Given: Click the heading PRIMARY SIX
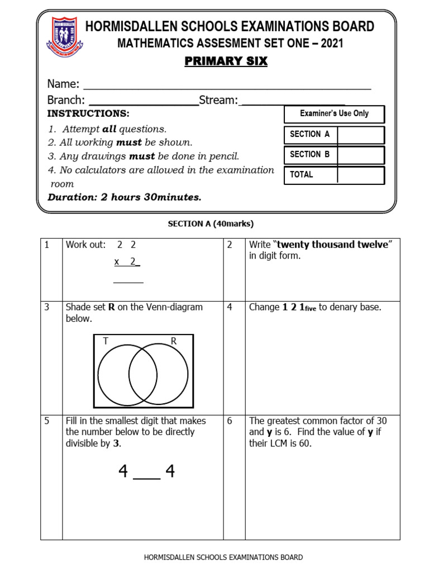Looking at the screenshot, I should point(226,61).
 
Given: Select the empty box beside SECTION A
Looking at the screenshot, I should point(360,135).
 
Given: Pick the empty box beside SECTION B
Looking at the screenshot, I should point(360,155).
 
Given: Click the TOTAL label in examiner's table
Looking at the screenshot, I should point(302,175).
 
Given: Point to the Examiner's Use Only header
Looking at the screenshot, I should point(334,113).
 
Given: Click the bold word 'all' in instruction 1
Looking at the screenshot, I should point(109,128).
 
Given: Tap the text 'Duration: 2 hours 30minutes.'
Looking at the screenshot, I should point(125,197).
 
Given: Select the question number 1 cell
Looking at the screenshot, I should point(51,269).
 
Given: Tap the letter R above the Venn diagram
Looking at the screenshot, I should point(174,340).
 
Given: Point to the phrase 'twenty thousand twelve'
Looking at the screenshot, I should point(332,245).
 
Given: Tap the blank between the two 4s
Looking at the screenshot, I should point(147,475).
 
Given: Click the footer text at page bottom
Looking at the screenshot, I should point(223,557).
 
